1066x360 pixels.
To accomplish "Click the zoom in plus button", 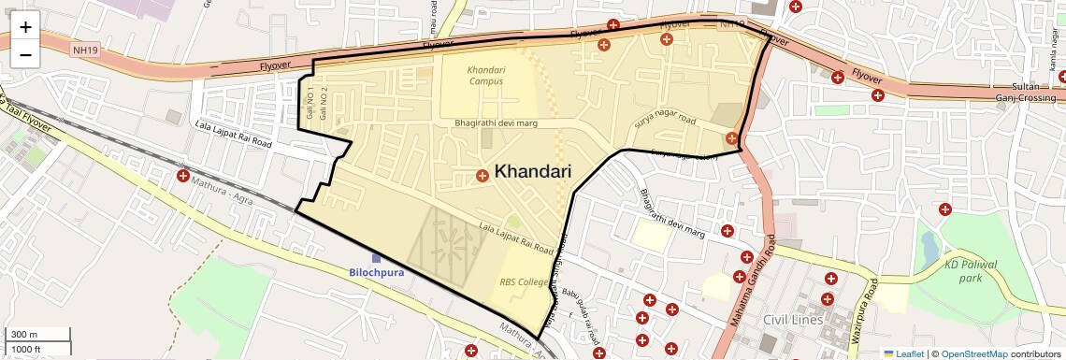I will click(x=25, y=27).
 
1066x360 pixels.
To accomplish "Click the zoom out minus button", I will click(x=25, y=54).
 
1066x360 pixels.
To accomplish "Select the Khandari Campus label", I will click(x=485, y=75).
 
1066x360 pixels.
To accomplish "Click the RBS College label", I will click(x=524, y=281).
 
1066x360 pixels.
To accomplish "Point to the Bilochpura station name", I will click(x=376, y=273).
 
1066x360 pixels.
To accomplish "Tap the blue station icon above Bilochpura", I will click(x=376, y=257).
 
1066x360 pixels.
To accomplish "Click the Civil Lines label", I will click(x=792, y=320).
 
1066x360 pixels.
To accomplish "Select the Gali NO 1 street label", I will click(x=310, y=103).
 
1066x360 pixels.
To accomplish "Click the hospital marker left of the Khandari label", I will click(x=482, y=175).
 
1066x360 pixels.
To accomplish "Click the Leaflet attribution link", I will click(x=903, y=353).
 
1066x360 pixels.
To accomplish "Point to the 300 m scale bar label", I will click(x=24, y=335).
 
